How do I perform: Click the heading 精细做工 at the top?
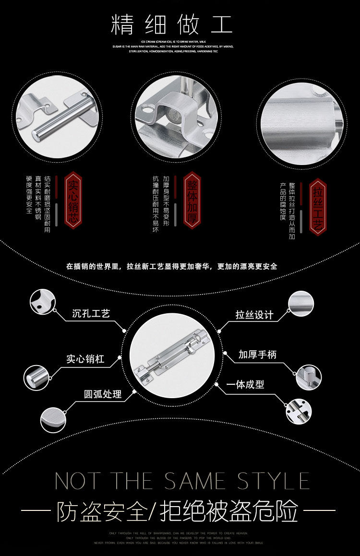tap(171, 25)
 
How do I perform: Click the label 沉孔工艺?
tap(91, 314)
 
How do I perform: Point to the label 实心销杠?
tap(85, 358)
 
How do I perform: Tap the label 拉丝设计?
tap(254, 315)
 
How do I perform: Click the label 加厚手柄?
tap(257, 355)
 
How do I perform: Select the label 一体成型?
tap(245, 385)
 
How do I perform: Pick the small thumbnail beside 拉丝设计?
tap(301, 303)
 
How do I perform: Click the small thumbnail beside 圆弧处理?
tap(52, 418)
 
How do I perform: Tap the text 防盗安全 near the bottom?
tap(101, 512)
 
